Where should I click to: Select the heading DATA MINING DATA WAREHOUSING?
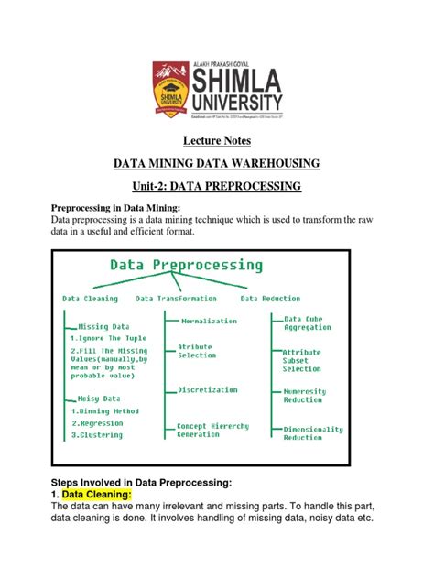[x=216, y=164]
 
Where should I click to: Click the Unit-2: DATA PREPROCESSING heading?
[x=216, y=187]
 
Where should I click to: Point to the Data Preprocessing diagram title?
[x=187, y=266]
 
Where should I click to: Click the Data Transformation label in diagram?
[x=177, y=299]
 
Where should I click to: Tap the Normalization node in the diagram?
[x=209, y=322]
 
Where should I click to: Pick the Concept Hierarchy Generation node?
[x=212, y=431]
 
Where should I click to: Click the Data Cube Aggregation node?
[x=308, y=322]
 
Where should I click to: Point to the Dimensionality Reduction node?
[x=314, y=433]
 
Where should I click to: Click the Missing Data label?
[x=103, y=326]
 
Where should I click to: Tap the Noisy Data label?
[x=99, y=399]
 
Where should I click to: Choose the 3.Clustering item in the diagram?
[x=99, y=435]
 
